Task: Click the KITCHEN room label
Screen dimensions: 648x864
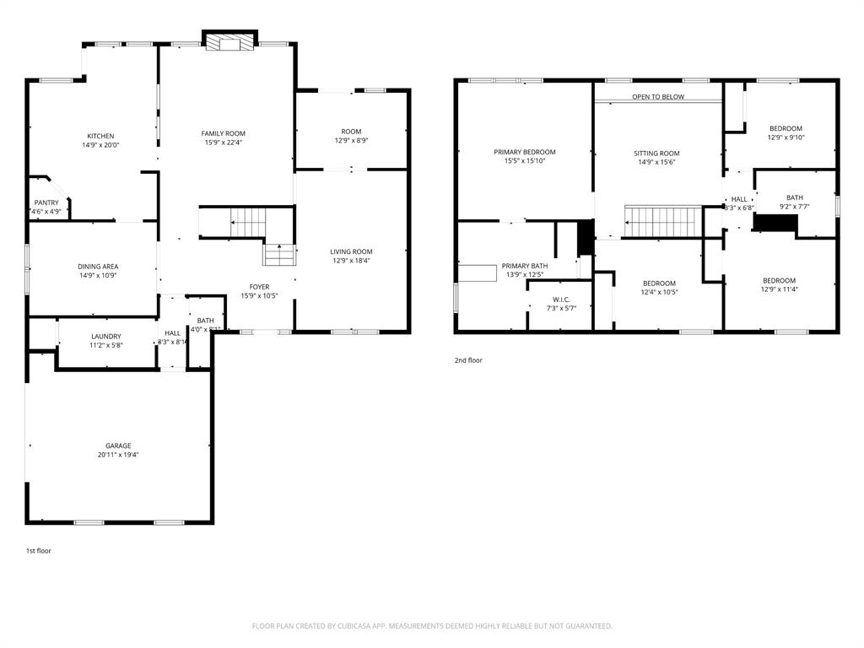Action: click(100, 136)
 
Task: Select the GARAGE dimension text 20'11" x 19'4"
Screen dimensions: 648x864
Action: click(118, 455)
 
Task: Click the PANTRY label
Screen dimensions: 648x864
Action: click(46, 202)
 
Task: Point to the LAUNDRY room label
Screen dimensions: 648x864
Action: click(106, 336)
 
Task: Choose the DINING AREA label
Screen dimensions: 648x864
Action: click(98, 267)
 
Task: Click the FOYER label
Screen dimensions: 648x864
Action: click(259, 287)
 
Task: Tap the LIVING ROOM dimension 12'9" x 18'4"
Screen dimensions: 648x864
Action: click(351, 261)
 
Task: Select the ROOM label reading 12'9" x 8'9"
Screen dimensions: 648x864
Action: click(351, 132)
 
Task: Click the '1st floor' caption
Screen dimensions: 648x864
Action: click(38, 551)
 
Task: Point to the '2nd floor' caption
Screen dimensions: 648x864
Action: click(468, 360)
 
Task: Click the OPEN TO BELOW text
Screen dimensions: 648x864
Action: click(658, 97)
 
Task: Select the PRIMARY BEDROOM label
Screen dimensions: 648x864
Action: click(524, 152)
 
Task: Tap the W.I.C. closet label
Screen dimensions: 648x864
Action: click(561, 300)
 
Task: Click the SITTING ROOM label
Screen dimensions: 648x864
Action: click(656, 154)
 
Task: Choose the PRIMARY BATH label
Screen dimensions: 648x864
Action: click(524, 265)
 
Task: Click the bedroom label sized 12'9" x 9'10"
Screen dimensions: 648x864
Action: click(785, 128)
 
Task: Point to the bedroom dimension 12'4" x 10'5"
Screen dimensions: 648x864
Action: click(659, 293)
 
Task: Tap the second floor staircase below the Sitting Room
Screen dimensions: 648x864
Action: click(663, 222)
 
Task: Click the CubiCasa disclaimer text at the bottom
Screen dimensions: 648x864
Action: click(432, 626)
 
